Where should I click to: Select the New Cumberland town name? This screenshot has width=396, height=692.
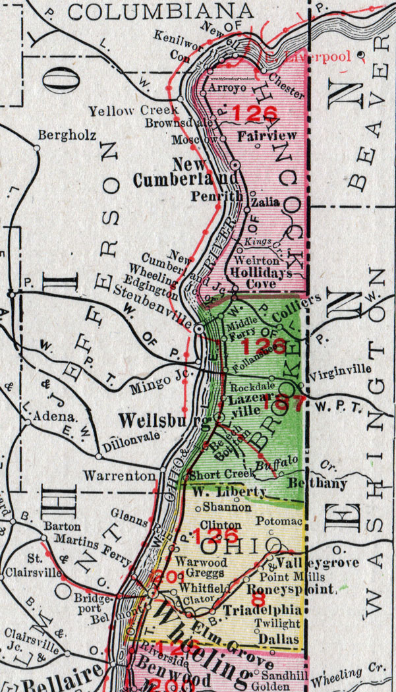(x=188, y=171)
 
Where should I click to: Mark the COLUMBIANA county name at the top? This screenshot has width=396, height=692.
(x=161, y=11)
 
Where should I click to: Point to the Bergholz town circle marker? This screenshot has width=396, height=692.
(x=37, y=148)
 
